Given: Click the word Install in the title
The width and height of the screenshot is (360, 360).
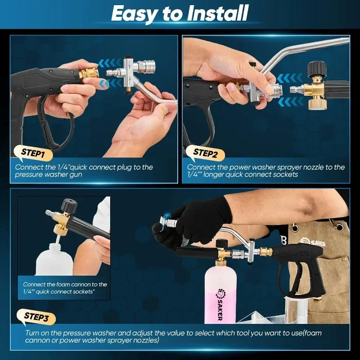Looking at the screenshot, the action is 217,13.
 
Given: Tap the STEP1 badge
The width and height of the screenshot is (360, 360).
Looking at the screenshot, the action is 33,153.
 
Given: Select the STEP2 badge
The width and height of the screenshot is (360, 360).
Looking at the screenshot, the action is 205,153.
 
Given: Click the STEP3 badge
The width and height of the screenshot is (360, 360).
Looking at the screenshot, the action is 36,317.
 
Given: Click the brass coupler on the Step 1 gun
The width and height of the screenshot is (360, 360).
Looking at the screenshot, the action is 89,74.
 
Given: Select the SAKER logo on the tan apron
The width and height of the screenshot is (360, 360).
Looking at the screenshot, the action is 313,242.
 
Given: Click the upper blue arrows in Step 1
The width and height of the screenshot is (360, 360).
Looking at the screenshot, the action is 111,63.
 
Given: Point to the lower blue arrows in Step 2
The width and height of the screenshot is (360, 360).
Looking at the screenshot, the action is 291,102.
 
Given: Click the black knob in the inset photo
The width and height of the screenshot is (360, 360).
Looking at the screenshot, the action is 69,205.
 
